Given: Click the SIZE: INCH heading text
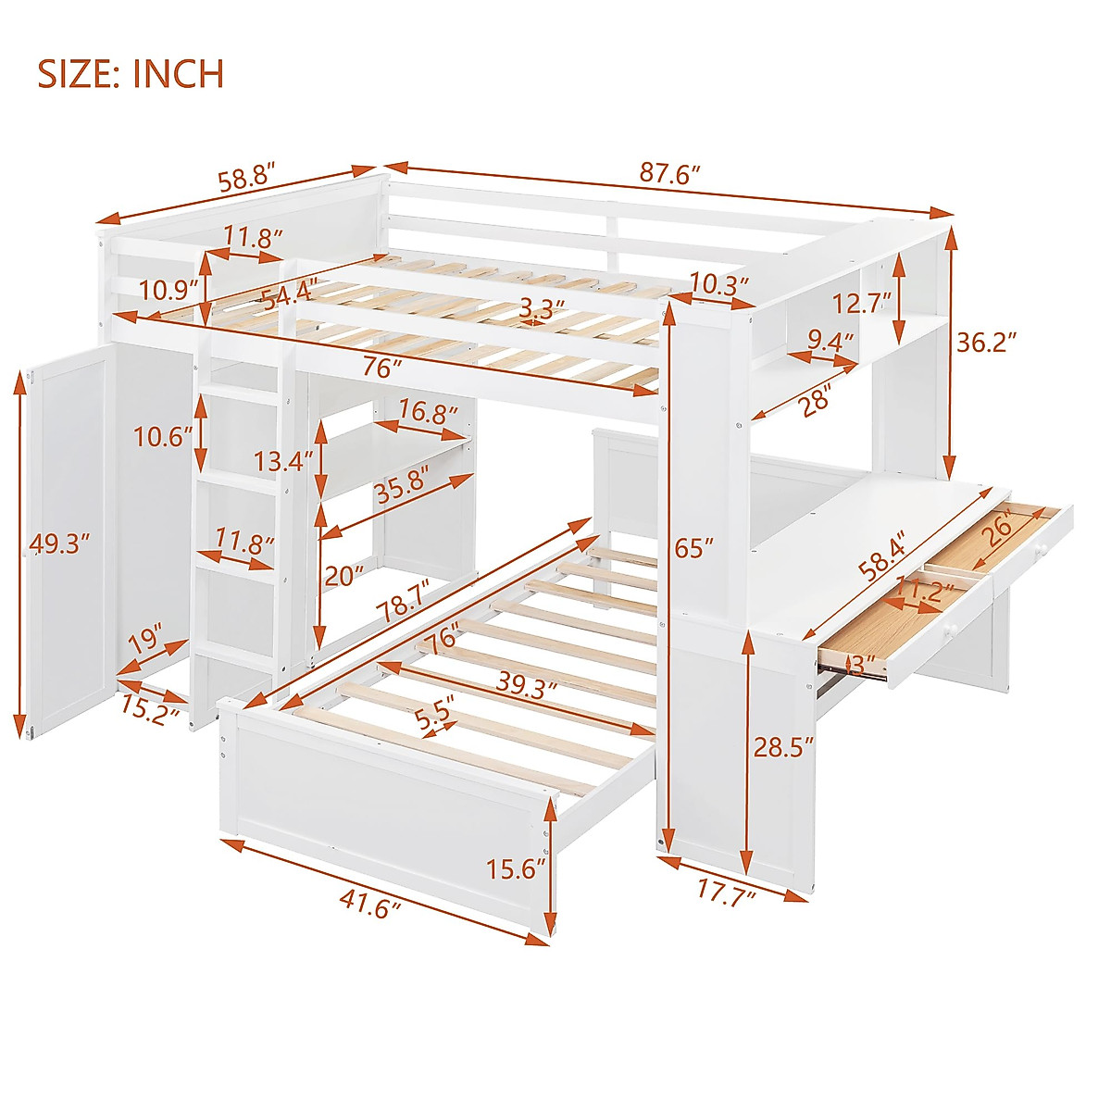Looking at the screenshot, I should pos(131,73).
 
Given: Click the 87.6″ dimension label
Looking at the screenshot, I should pos(670,173).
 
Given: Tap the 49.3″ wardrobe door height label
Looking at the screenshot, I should pos(60,543).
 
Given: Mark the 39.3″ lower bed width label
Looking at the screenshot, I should pos(525,687).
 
